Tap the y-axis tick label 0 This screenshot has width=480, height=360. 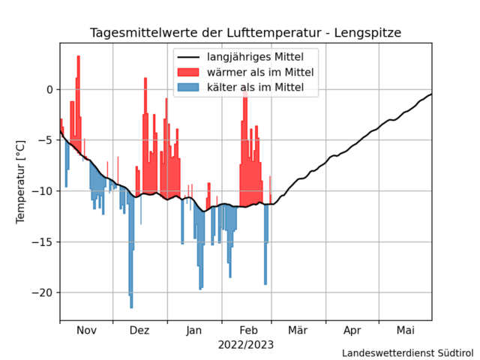[49, 89]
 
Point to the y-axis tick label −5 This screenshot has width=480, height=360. [46, 140]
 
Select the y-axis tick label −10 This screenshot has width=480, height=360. [43, 190]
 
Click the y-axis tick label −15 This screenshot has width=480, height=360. [43, 241]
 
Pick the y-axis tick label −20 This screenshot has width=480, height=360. [43, 292]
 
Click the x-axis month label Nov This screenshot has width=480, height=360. [87, 331]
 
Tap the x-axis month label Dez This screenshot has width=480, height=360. [139, 331]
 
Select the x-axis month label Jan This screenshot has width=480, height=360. [194, 331]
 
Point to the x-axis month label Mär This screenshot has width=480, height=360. [298, 331]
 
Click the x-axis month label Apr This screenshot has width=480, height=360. [352, 331]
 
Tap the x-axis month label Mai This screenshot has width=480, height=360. [406, 331]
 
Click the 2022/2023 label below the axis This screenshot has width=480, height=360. [246, 345]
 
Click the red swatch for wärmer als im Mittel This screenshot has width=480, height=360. [188, 73]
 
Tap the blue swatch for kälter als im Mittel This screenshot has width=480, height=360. [188, 88]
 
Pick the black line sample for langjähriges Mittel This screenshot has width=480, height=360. [188, 57]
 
